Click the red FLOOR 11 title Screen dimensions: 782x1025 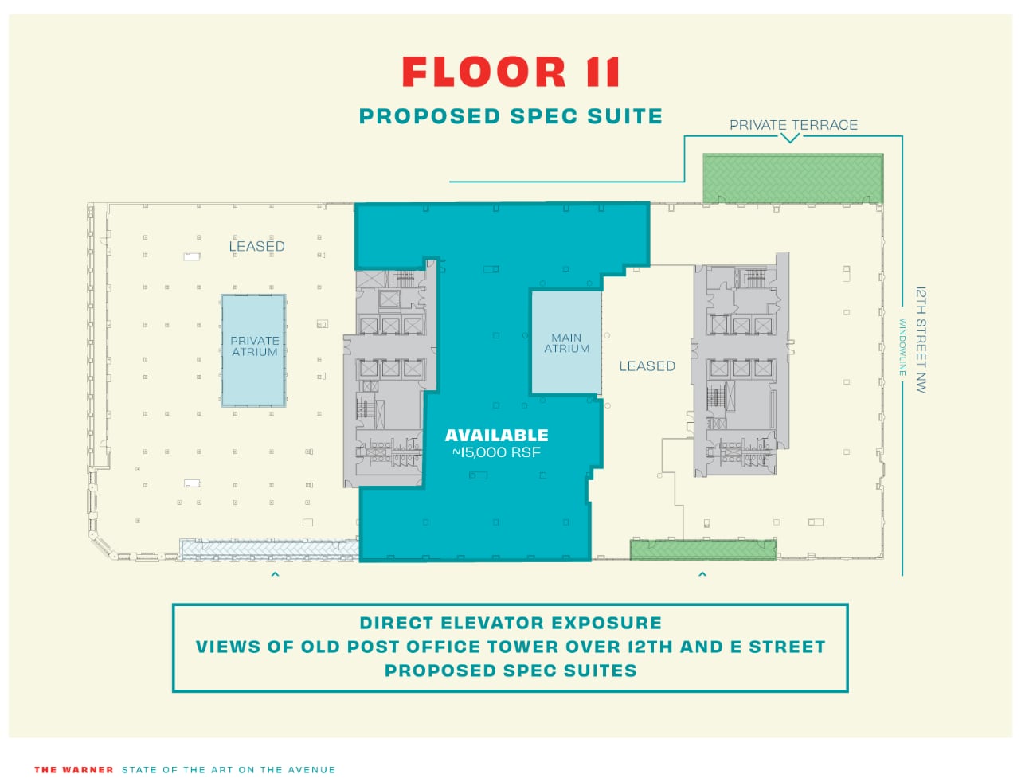[x=511, y=72]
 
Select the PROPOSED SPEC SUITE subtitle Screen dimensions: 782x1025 [x=511, y=116]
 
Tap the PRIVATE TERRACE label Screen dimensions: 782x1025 [x=793, y=125]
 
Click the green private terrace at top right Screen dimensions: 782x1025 [x=793, y=178]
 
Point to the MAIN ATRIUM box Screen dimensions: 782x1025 [x=566, y=343]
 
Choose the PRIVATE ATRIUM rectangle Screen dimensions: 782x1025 [x=254, y=350]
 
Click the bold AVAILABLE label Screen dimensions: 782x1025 [x=496, y=436]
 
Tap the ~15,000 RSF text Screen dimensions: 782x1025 [x=496, y=453]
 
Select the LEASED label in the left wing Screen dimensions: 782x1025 [x=256, y=247]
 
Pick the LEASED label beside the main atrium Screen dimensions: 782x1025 [x=647, y=366]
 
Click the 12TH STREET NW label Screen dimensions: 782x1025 [x=921, y=340]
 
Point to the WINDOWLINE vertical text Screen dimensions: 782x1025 [x=903, y=347]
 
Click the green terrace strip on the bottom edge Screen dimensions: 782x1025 [x=703, y=549]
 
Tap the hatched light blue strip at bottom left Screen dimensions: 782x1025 [x=268, y=549]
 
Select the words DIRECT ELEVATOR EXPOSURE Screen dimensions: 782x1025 [x=511, y=623]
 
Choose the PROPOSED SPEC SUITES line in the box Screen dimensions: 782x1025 [x=511, y=671]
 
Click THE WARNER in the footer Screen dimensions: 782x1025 [x=74, y=770]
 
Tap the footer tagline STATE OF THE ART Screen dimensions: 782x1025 [x=229, y=770]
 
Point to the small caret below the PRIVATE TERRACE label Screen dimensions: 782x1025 [x=789, y=139]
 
